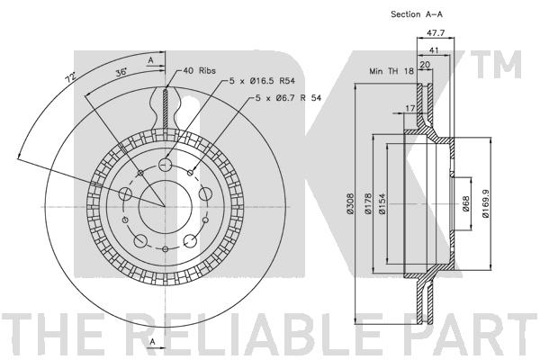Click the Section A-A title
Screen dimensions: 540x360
tap(416, 14)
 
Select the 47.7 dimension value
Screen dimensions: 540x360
tap(436, 33)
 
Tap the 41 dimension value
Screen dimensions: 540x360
tap(434, 50)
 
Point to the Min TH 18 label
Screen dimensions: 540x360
tap(391, 71)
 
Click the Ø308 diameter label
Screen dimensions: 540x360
tap(350, 203)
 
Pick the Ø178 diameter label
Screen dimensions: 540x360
tap(368, 203)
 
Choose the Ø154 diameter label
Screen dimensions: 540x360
tap(382, 203)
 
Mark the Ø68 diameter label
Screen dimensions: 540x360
tap(465, 203)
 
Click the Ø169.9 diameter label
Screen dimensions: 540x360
tap(486, 203)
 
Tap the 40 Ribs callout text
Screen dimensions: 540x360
tap(200, 70)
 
